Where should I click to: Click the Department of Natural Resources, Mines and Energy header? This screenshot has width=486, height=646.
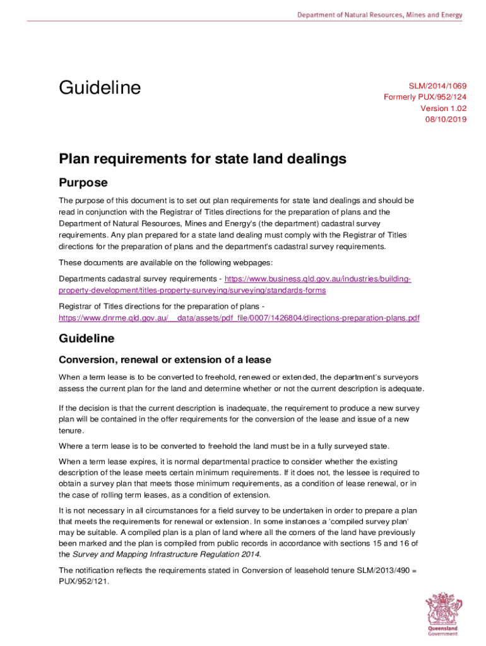[x=380, y=15]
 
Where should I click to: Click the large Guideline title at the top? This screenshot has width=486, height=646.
[x=100, y=88]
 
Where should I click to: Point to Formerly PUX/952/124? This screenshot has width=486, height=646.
[x=425, y=97]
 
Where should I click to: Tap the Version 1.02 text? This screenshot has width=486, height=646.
[x=444, y=108]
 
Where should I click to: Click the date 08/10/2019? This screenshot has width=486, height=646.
[x=446, y=119]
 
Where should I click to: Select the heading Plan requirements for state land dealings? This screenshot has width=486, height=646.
[x=203, y=159]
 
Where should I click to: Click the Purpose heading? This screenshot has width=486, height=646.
[x=83, y=183]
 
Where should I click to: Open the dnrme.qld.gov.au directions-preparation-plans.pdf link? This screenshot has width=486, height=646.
[x=239, y=318]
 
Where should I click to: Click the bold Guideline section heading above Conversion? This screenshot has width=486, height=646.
[x=86, y=339]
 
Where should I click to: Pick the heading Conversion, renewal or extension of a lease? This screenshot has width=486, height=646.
[x=165, y=360]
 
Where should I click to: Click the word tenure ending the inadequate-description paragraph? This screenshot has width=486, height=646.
[x=71, y=430]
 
